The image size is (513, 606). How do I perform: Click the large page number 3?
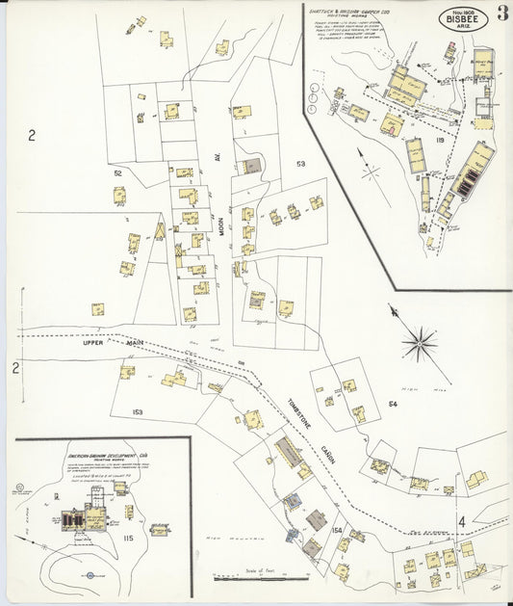coord(501,14)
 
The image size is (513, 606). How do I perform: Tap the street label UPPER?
coord(91,341)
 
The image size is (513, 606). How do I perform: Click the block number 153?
coord(138,412)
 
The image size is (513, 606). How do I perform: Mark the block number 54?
coord(392,404)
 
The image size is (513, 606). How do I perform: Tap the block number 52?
coord(118,172)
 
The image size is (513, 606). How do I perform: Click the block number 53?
coord(300,165)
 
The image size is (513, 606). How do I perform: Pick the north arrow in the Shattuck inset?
coord(367,170)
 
